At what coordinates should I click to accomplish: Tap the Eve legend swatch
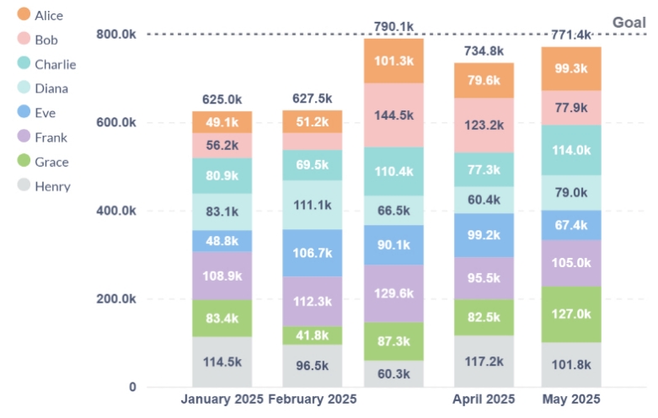click(x=24, y=113)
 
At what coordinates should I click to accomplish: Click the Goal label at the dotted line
click(x=629, y=23)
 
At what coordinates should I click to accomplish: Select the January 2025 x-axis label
click(x=222, y=399)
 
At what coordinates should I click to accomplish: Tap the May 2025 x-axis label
click(x=570, y=399)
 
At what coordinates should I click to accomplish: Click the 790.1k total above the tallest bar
click(x=393, y=27)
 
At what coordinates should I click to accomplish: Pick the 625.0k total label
click(x=222, y=99)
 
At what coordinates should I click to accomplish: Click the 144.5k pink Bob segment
click(x=393, y=115)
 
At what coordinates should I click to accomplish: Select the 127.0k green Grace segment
click(x=570, y=313)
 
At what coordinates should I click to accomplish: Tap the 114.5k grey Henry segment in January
click(x=222, y=362)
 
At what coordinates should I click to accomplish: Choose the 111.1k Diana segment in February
click(x=312, y=205)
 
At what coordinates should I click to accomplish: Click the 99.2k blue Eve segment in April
click(x=484, y=235)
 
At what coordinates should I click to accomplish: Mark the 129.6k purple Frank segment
click(x=393, y=293)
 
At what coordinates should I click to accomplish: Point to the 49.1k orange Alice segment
click(x=222, y=121)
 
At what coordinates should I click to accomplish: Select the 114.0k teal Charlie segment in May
click(x=570, y=150)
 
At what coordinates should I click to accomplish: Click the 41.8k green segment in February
click(x=312, y=335)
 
